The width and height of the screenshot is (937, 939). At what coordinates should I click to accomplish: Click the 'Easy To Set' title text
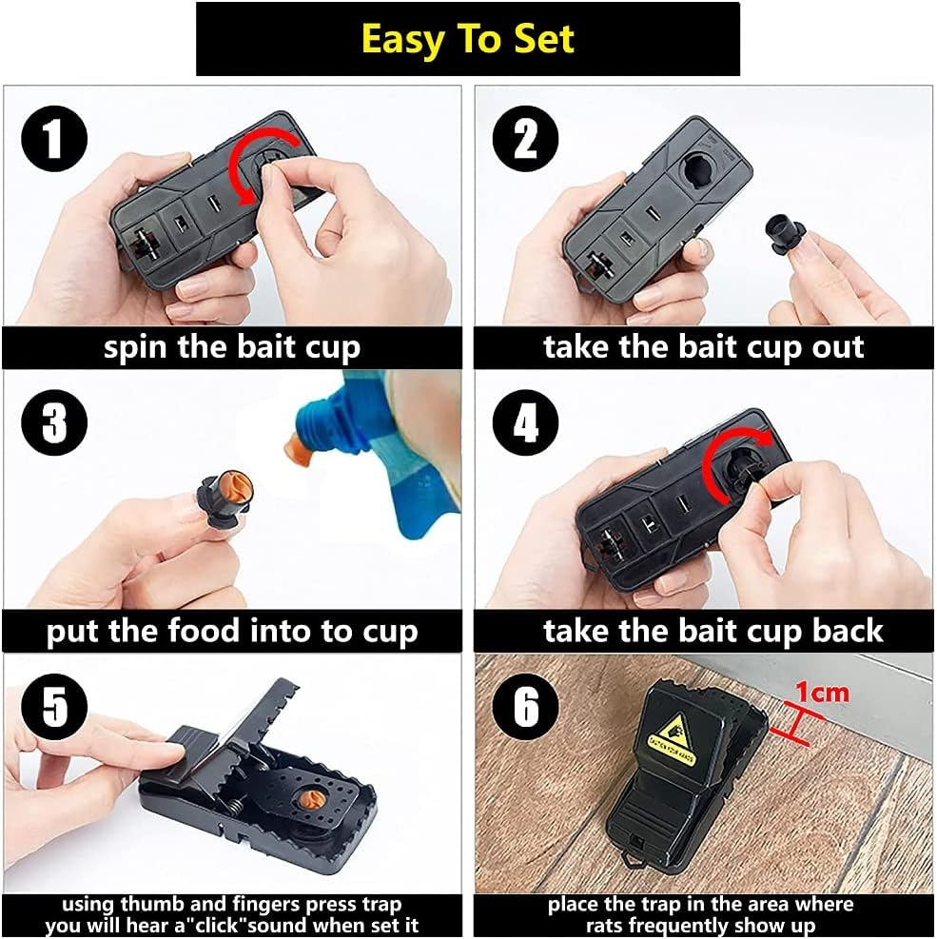pos(468,39)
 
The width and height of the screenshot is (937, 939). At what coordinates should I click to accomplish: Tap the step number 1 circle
pos(55,140)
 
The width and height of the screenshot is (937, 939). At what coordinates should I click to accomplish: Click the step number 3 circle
pos(55,421)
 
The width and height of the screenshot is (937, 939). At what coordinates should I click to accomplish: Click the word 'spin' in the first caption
pos(137,347)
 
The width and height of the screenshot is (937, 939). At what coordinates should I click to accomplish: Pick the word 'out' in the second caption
pos(833,347)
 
